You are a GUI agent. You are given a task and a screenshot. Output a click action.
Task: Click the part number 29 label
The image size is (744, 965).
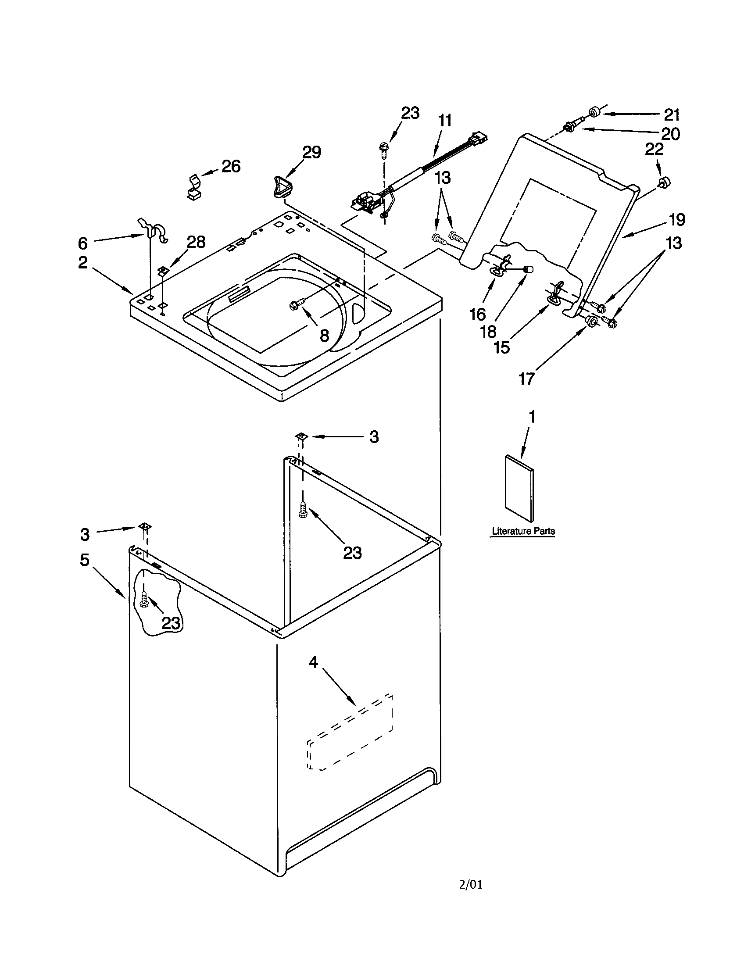[311, 153]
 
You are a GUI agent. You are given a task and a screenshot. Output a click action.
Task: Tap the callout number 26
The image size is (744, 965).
[231, 167]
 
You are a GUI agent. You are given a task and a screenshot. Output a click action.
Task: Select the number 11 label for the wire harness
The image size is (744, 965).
[445, 120]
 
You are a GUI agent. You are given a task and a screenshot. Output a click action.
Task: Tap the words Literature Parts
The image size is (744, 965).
[523, 531]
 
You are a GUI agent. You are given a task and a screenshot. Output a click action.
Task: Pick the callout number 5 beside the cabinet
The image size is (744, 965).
[84, 560]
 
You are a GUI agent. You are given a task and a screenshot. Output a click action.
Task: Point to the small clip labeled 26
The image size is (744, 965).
[193, 187]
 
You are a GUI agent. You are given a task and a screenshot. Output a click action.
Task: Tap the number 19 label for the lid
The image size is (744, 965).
[676, 220]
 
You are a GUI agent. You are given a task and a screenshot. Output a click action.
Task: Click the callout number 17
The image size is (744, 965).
[526, 379]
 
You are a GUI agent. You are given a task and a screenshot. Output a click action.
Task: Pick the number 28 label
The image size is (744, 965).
[196, 242]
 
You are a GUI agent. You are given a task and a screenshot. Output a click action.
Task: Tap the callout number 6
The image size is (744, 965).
[83, 243]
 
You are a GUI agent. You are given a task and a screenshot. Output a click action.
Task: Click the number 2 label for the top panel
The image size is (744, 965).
[83, 262]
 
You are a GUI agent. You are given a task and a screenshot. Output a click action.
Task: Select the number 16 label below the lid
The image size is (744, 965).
[478, 315]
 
